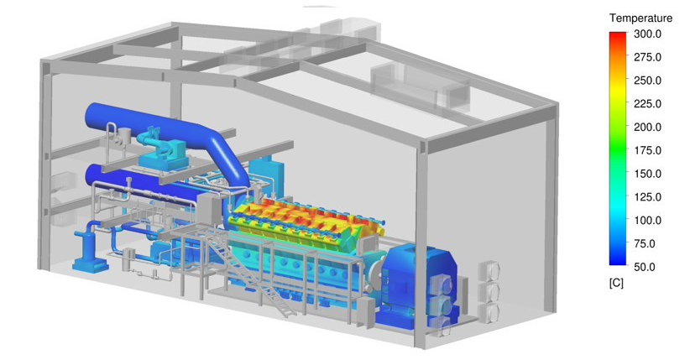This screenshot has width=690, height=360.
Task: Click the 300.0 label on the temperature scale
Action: point(647,34)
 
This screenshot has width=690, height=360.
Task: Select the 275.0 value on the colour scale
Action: point(647,57)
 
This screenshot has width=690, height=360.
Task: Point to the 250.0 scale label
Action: point(647,81)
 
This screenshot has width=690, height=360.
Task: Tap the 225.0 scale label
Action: point(647,104)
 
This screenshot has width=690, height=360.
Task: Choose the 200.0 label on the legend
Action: point(647,128)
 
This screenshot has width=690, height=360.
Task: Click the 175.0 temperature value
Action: point(647,150)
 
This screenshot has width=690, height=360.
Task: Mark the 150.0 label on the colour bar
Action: point(647,174)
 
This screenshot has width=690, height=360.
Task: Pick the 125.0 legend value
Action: point(647,197)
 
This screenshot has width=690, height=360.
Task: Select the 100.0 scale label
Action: point(647,221)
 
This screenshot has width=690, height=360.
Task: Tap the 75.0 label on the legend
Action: point(645,244)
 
